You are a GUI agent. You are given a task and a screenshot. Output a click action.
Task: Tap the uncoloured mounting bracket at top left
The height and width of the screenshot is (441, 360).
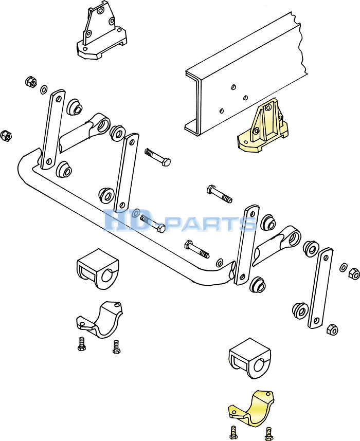(101, 34)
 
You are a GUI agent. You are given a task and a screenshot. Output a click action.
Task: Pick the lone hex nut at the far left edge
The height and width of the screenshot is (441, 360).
(7, 136)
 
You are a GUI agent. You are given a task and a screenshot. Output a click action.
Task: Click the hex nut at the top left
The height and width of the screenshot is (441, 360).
(30, 82)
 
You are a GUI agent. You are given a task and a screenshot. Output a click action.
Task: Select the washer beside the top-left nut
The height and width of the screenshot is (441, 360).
(44, 90)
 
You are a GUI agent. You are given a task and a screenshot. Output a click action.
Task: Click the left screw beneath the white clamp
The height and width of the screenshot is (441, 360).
(81, 344)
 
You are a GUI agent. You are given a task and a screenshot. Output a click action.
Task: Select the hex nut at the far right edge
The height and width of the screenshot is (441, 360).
(353, 273)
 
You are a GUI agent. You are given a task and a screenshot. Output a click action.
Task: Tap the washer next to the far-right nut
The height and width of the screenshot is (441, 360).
(343, 267)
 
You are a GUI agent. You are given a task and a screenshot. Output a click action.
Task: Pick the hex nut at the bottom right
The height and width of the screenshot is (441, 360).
(332, 329)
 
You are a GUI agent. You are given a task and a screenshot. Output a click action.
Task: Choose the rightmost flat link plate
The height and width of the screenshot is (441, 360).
(320, 288)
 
